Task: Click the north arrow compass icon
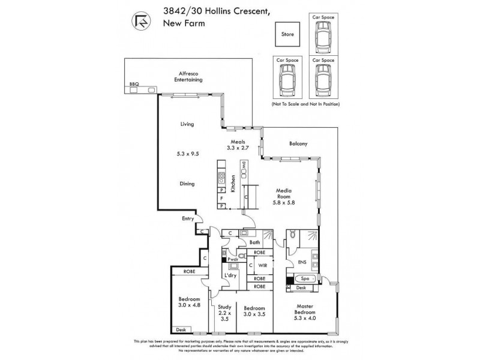141,23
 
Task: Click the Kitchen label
233,182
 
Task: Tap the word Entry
188,220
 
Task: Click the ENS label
301,263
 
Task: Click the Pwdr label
233,260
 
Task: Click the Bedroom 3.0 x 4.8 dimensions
190,304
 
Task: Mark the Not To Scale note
305,104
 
